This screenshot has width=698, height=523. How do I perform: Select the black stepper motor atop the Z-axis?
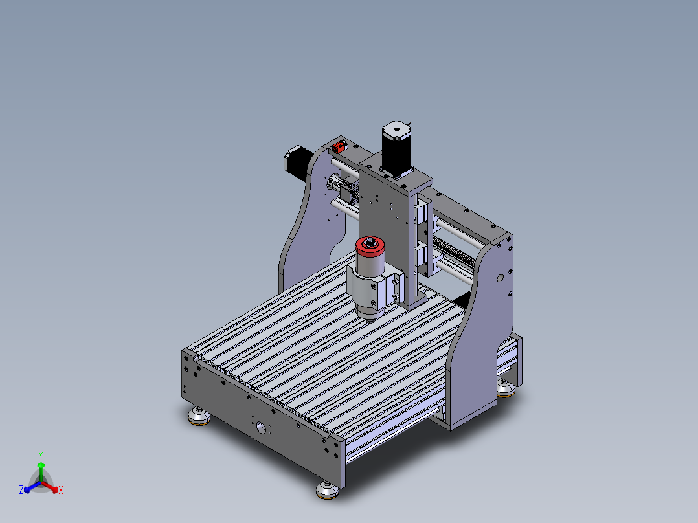396,149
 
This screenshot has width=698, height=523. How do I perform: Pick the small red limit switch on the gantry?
337,146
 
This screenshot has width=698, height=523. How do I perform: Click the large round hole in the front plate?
261,428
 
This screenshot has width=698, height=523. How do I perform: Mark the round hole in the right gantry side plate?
499,278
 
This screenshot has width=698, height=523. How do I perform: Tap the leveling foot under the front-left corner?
199,417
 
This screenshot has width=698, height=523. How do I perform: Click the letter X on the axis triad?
61,491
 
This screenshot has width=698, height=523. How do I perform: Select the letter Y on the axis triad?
41,455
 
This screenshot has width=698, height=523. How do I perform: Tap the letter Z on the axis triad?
21,491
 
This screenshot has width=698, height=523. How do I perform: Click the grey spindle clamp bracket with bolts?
374,288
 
